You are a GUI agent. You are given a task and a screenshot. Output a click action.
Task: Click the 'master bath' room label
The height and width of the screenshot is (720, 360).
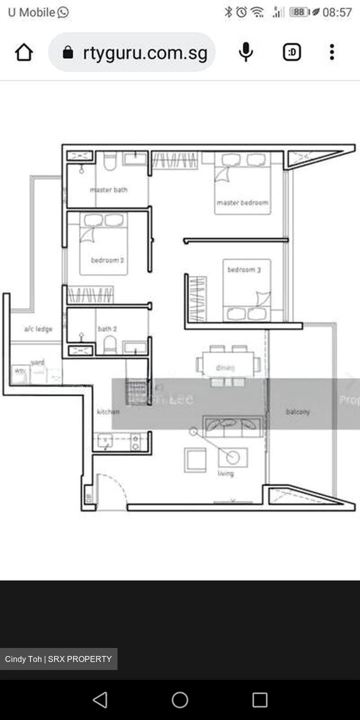108,189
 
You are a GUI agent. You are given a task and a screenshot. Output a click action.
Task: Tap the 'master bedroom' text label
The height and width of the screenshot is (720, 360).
242,202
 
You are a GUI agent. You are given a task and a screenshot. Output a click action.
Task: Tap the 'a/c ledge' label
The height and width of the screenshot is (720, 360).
38,328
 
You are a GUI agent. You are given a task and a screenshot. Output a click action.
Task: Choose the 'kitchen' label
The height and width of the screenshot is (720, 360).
108,411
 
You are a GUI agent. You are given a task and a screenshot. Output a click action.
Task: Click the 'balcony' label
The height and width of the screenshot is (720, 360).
298,412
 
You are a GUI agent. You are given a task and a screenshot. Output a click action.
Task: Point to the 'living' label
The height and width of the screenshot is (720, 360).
225,473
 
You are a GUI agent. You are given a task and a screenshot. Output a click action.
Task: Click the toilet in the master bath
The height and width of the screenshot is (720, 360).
109,161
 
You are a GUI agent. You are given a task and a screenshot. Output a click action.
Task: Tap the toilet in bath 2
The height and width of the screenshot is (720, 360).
109,344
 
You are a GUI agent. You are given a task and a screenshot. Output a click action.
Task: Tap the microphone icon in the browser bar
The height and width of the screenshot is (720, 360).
245,52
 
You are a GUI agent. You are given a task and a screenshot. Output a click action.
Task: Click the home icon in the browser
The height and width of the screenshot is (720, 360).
24,52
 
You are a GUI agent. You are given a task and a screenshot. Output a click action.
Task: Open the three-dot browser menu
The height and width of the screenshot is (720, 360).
332,52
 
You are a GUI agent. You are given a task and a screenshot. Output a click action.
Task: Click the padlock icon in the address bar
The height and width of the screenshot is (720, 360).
68,52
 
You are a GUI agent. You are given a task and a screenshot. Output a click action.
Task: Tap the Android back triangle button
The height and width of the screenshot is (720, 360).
100,699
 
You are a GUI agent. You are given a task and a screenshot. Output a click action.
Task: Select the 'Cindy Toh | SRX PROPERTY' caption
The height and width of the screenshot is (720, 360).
58,659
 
